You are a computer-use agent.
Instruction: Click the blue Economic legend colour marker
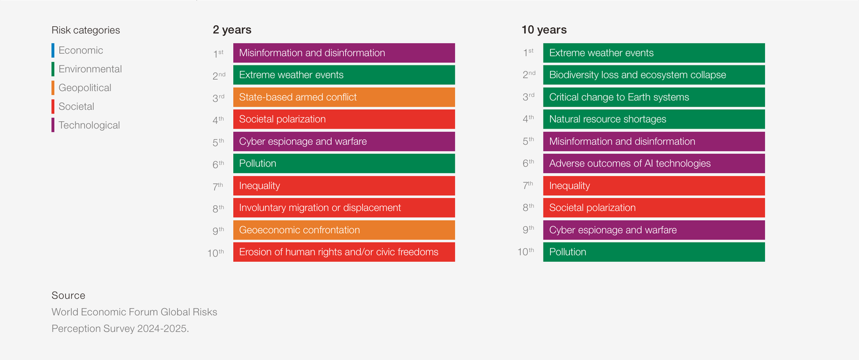tap(53, 50)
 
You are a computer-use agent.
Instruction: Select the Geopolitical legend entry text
tap(85, 88)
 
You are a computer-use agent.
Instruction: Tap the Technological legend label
tap(89, 125)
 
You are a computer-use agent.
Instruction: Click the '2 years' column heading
tap(232, 30)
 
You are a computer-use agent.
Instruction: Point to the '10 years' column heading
tap(544, 30)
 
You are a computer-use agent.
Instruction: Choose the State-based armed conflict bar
tap(344, 97)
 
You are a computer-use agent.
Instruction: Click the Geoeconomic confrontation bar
tap(344, 230)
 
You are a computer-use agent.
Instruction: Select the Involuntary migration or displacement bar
tap(344, 208)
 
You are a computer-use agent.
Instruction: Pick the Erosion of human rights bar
tap(344, 252)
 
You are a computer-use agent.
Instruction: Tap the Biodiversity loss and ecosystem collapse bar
tap(654, 75)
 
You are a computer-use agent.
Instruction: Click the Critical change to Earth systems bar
tap(654, 97)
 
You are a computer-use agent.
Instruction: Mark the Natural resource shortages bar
tap(654, 119)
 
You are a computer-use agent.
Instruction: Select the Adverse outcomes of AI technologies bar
tap(654, 163)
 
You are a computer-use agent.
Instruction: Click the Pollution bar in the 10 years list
tap(654, 252)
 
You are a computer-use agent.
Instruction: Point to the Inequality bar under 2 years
tap(344, 186)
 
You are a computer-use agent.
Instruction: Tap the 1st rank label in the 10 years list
tap(528, 53)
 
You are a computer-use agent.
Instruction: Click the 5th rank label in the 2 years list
tap(218, 142)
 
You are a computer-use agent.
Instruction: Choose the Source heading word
tap(68, 295)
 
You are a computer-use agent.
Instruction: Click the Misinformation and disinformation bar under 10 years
tap(654, 141)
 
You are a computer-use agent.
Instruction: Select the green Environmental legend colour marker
tap(53, 69)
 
